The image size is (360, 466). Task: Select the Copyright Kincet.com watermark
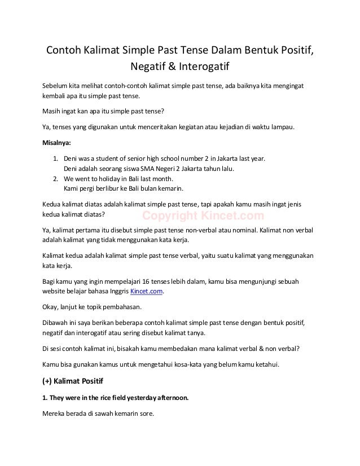click(x=203, y=215)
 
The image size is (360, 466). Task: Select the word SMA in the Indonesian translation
click(x=148, y=169)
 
